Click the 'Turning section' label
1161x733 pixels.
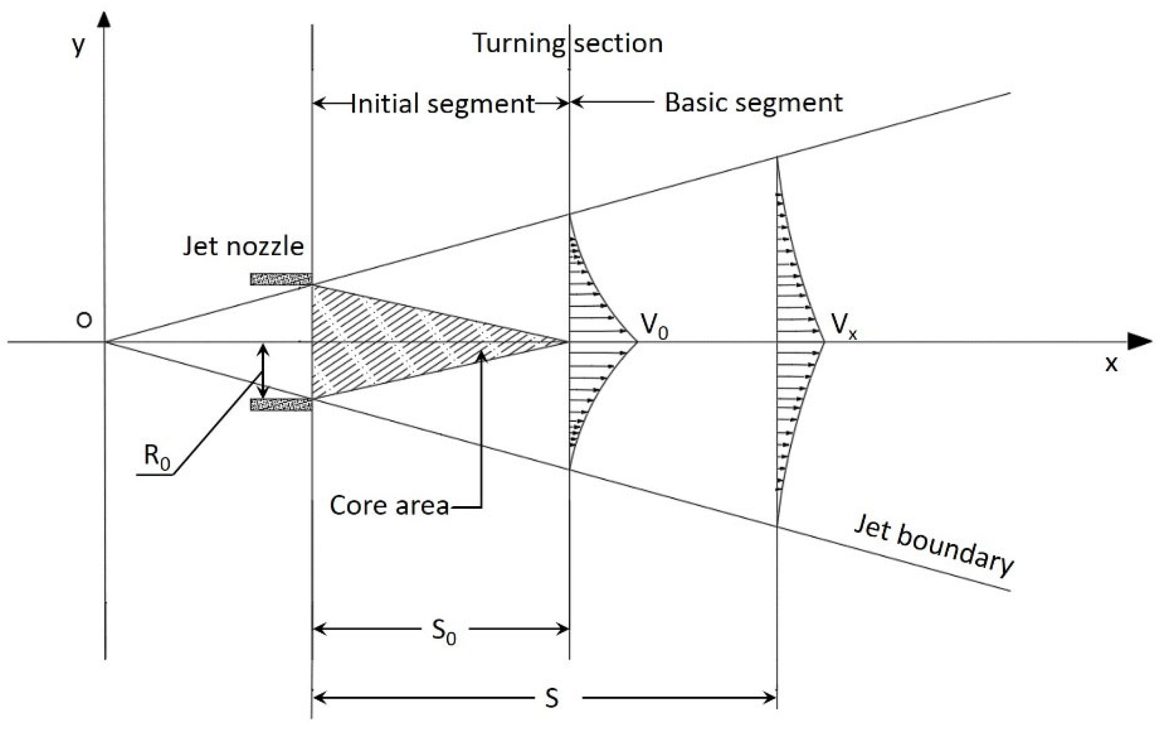pos(568,43)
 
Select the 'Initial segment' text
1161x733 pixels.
pos(443,104)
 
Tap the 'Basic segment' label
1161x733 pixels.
pos(753,103)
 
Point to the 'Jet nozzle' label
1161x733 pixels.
pos(243,246)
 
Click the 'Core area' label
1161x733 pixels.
pos(389,505)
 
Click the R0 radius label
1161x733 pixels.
pos(157,457)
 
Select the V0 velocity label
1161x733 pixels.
pos(654,326)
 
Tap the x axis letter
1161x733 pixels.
pos(1111,364)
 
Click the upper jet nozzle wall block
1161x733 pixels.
pos(281,279)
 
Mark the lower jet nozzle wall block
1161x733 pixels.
pos(281,405)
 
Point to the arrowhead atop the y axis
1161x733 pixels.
pos(105,20)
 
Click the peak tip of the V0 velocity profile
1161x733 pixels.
pos(637,341)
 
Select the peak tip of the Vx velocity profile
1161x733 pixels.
pos(824,341)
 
